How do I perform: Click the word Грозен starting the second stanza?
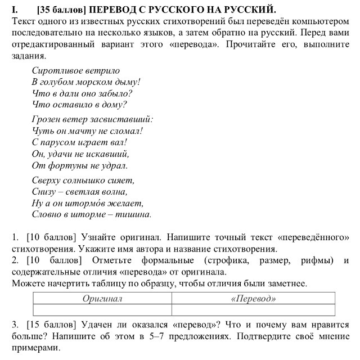tap(47, 119)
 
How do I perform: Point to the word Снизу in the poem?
tap(45, 192)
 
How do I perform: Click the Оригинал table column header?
tap(102, 299)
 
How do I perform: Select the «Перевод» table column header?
tap(253, 299)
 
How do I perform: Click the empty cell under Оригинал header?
tap(102, 310)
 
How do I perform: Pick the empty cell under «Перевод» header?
tap(253, 310)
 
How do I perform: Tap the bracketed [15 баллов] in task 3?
tap(51, 325)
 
